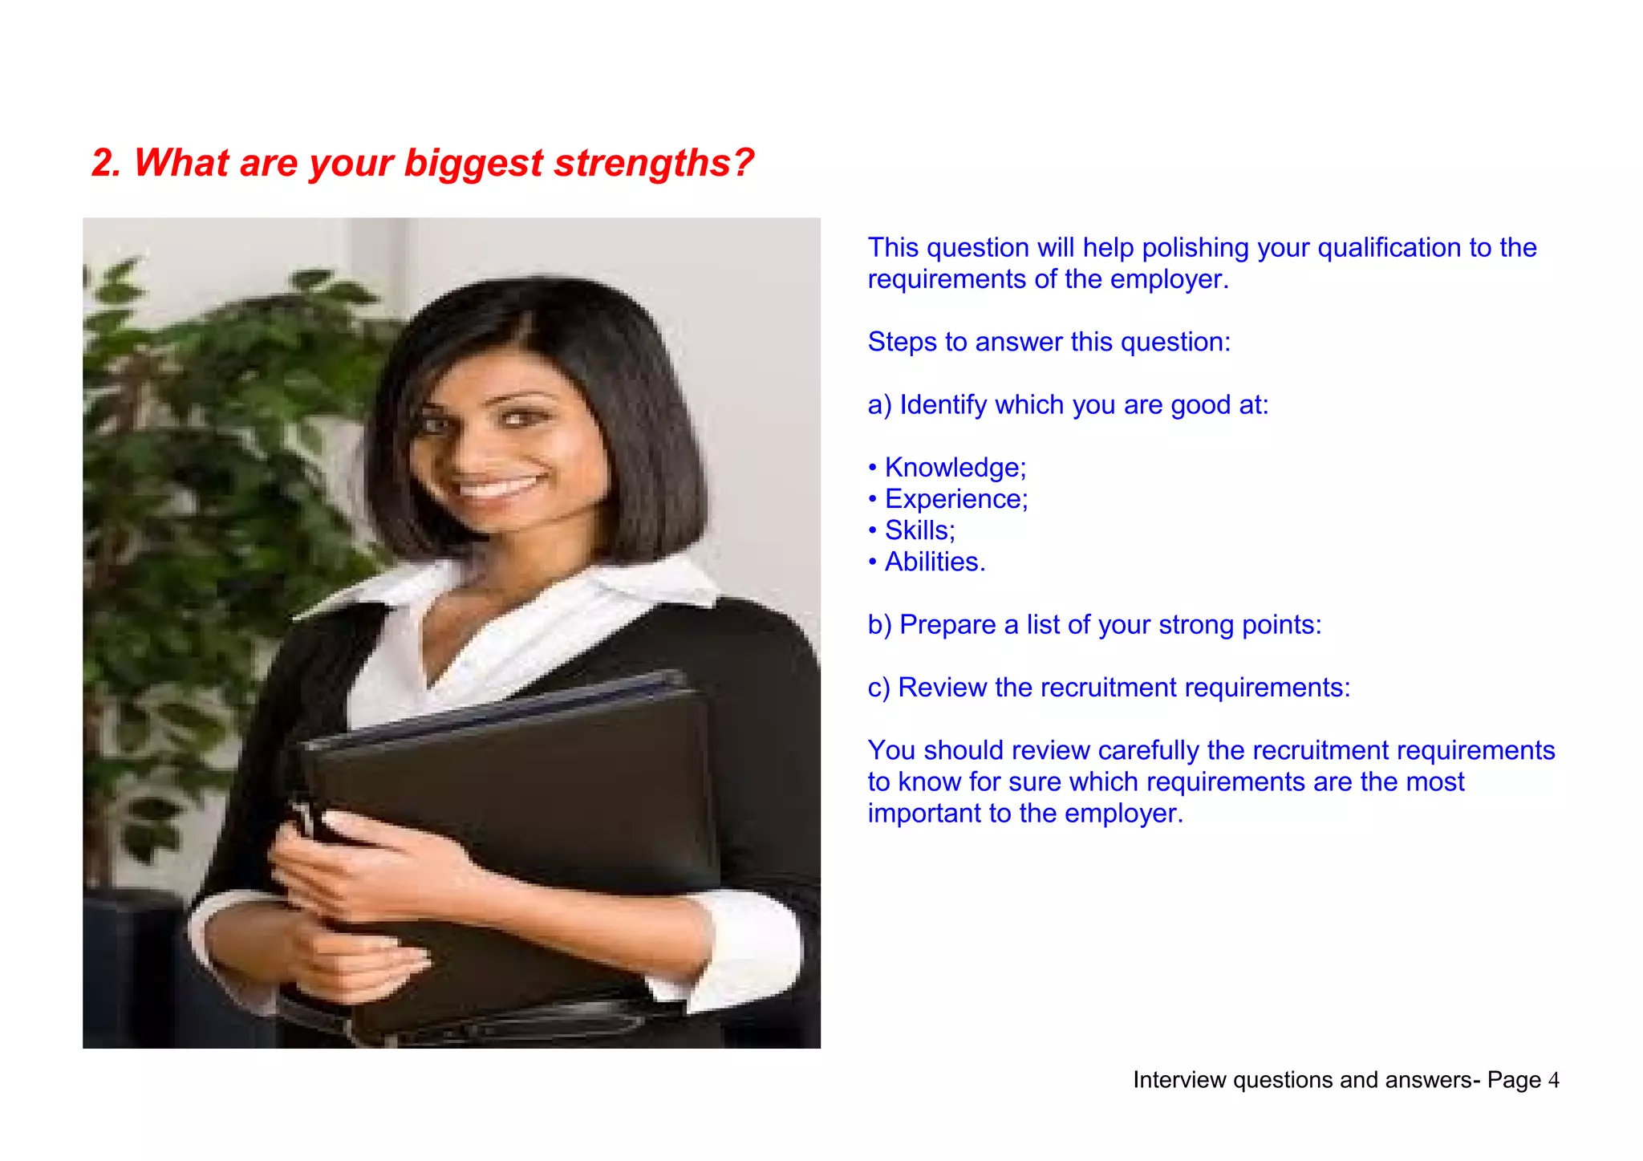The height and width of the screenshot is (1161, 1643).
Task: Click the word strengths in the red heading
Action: pyautogui.click(x=654, y=163)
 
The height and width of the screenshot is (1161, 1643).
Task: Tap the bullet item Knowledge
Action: pyautogui.click(x=955, y=468)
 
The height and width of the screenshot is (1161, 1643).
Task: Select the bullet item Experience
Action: pyautogui.click(x=955, y=499)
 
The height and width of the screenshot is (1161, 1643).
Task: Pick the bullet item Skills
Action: pyautogui.click(x=919, y=530)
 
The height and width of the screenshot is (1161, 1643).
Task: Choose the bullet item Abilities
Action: pyautogui.click(x=935, y=562)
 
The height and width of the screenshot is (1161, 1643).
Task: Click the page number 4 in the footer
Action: pyautogui.click(x=1553, y=1080)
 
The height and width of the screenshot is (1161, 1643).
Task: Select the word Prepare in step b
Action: pyautogui.click(x=947, y=625)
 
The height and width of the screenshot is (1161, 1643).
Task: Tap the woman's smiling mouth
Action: pyautogui.click(x=498, y=486)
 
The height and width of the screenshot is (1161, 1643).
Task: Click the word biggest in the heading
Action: pyautogui.click(x=473, y=163)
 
